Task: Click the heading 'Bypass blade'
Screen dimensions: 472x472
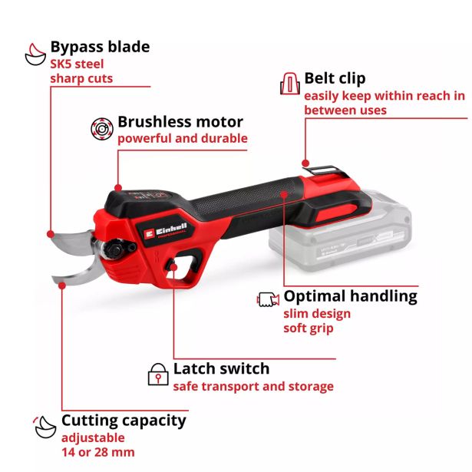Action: pos(100,48)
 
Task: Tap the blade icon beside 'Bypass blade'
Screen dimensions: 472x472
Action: pos(35,54)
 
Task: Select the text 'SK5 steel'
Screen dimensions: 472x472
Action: pos(77,64)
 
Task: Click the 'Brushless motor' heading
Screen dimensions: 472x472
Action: pos(180,122)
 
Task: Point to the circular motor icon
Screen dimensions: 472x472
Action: pos(102,128)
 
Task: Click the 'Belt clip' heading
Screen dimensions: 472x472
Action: pos(335,78)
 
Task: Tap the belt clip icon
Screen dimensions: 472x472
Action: pos(290,84)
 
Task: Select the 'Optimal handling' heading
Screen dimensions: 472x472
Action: pos(351,296)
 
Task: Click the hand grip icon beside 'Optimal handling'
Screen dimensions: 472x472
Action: pos(268,299)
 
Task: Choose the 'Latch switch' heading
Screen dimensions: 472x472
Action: pos(221,368)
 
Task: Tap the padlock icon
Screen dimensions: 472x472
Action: pos(158,375)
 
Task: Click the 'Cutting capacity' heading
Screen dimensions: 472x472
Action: pos(124,421)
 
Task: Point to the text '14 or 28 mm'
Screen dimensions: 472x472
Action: pos(98,452)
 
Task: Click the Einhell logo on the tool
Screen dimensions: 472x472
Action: pos(166,232)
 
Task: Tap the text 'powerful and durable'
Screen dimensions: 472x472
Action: pos(183,138)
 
